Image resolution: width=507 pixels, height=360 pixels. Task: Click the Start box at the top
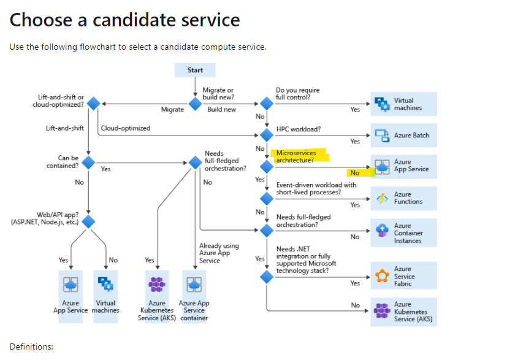click(195, 71)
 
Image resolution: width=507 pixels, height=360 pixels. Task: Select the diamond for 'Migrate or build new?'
click(195, 104)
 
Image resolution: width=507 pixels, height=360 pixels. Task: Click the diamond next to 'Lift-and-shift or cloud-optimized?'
click(93, 104)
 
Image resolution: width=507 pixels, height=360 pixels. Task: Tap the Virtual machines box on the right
click(403, 104)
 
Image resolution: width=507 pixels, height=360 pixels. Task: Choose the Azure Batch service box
click(403, 135)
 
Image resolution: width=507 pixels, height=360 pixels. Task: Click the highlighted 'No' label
click(355, 173)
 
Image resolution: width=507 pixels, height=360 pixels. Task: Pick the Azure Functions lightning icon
click(382, 198)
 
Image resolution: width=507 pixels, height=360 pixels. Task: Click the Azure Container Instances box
click(403, 233)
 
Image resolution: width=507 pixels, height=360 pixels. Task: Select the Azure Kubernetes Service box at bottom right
click(403, 312)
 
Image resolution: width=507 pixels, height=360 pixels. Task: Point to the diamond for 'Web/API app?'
click(89, 221)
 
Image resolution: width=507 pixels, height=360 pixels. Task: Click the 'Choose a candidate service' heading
click(124, 20)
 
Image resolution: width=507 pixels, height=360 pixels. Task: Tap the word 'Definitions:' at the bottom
click(31, 347)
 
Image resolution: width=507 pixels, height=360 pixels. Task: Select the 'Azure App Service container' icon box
click(194, 284)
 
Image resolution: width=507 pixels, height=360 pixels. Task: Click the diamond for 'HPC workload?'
click(266, 134)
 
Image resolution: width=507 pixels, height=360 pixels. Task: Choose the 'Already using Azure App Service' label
click(219, 253)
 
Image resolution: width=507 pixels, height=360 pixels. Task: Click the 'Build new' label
click(221, 109)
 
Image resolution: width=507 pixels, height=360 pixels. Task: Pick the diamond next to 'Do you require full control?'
click(266, 104)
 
